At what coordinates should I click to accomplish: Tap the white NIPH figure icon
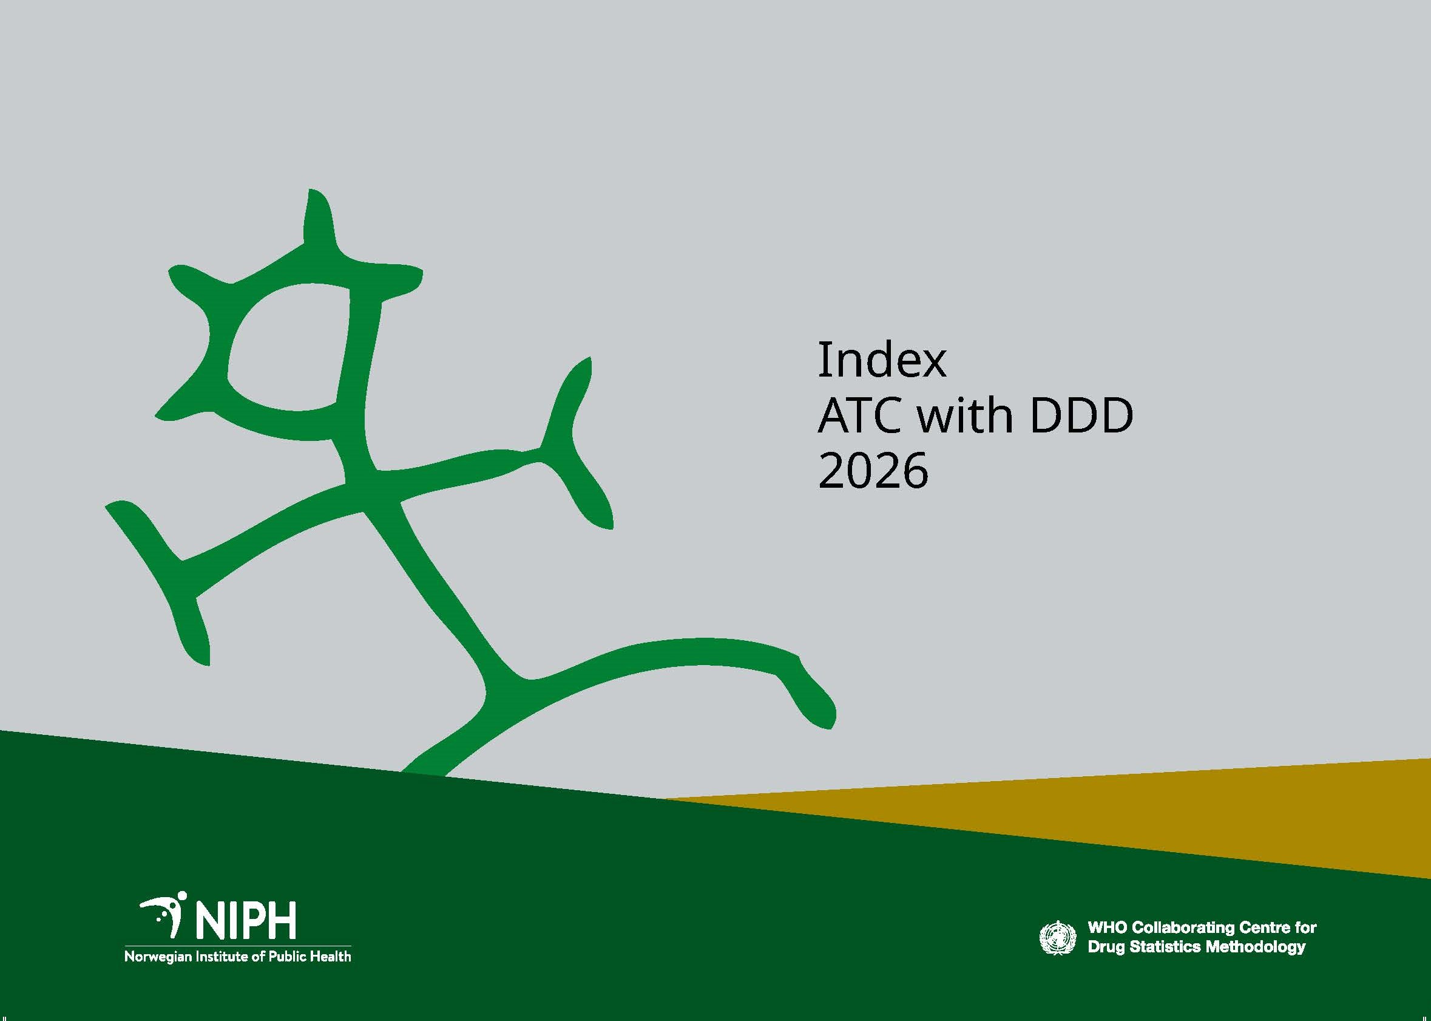pos(164,915)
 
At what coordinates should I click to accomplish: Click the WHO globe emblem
pos(1057,937)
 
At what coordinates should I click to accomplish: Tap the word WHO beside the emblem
pos(1103,927)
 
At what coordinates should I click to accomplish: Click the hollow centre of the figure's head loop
pos(286,349)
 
